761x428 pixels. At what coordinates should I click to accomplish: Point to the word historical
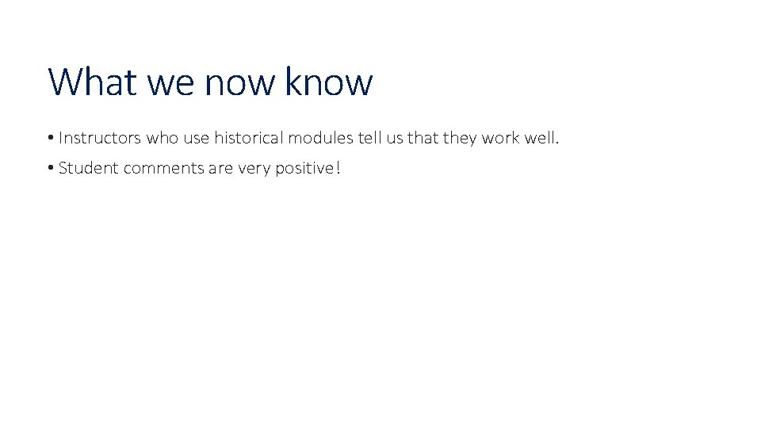click(x=249, y=138)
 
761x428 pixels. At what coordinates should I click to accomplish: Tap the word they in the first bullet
click(x=460, y=138)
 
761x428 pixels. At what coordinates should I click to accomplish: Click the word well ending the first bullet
click(x=543, y=138)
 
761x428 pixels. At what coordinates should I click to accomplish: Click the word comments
click(x=159, y=168)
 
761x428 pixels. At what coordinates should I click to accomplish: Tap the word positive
click(x=304, y=168)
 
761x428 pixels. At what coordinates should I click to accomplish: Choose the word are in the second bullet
click(x=221, y=168)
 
